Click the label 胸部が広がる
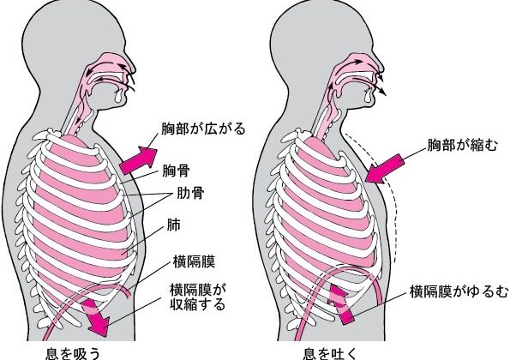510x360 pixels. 203,129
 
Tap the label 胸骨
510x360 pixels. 176,171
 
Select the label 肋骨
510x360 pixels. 190,193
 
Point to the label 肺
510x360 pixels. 174,225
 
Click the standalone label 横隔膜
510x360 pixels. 194,261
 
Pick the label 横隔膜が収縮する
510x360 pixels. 198,297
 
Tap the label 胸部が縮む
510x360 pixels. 462,145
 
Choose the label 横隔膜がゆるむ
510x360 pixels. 459,291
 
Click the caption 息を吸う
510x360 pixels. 73,353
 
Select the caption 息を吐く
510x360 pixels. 330,353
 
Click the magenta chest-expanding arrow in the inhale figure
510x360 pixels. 139,160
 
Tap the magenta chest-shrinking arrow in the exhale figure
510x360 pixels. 385,169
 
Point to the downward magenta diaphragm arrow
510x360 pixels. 95,316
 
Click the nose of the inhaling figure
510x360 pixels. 131,66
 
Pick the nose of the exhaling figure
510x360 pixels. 379,66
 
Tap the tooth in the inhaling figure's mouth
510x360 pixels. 119,94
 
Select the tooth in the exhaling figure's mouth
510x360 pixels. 368,94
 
